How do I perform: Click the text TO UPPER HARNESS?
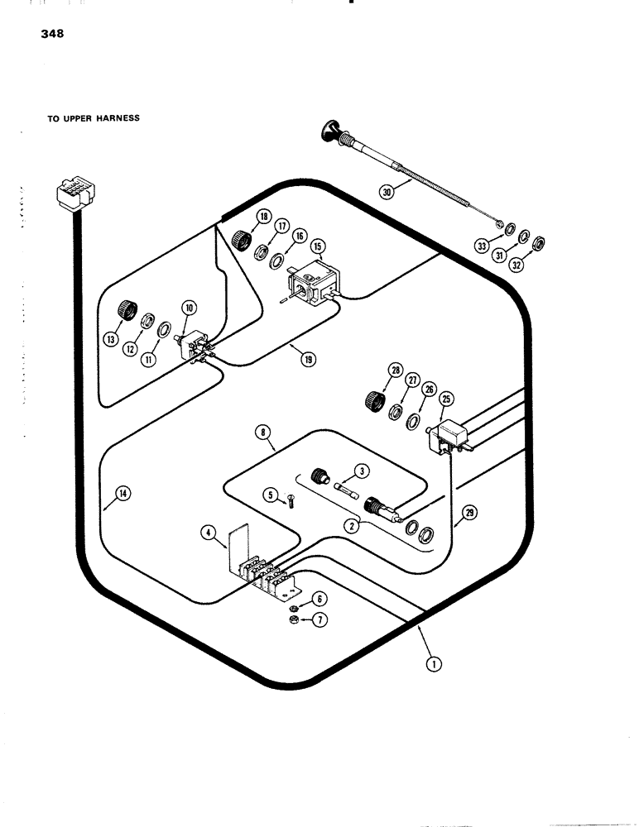[x=93, y=118]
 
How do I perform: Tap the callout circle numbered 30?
[x=387, y=192]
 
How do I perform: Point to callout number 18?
[x=264, y=218]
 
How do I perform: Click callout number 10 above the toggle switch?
[x=190, y=308]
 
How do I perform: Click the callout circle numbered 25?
[x=447, y=399]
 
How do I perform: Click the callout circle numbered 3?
[x=361, y=471]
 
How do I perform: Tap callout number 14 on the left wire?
[x=123, y=494]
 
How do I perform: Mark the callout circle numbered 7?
[x=317, y=618]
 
